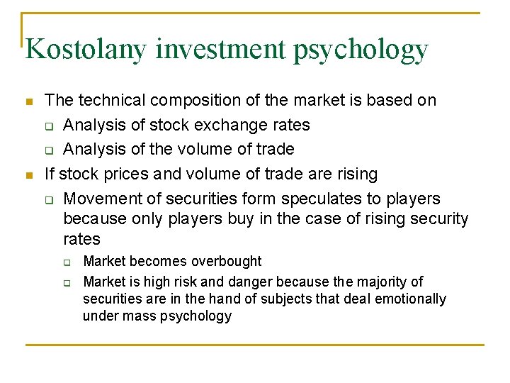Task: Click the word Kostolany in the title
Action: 85,50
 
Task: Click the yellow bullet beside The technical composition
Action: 29,101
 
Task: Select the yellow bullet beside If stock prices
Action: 29,174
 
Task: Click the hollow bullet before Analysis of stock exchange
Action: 48,126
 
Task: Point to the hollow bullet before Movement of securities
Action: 48,199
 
